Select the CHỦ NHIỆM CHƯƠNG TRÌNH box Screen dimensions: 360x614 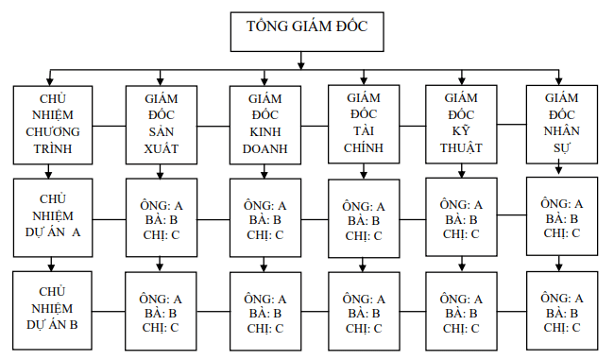pos(53,124)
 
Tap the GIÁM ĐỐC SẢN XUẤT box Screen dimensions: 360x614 pos(161,124)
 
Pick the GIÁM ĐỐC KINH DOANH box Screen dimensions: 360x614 pos(265,124)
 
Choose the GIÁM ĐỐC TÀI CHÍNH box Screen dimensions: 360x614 pos(365,123)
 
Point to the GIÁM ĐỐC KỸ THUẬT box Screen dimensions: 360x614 pos(461,123)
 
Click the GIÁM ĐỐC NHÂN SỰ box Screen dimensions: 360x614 pos(562,123)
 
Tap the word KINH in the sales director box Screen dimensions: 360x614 pos(265,131)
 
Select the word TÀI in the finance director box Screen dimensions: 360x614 pos(365,130)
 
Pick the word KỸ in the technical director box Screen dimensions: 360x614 pos(461,130)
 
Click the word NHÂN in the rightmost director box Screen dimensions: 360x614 pos(562,130)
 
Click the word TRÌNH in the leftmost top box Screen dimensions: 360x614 pos(53,148)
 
